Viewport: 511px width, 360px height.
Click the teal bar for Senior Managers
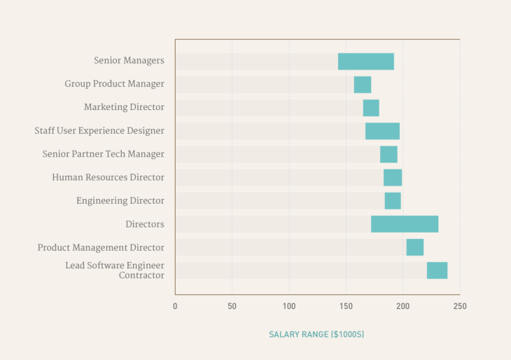click(x=365, y=62)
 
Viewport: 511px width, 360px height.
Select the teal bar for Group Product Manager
click(x=362, y=85)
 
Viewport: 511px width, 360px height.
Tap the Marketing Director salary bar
click(x=370, y=108)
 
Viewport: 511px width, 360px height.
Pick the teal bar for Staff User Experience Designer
click(x=382, y=131)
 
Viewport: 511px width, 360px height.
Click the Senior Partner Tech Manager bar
click(x=388, y=154)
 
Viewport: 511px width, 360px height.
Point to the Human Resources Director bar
click(x=392, y=177)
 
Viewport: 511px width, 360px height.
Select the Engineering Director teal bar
click(x=392, y=201)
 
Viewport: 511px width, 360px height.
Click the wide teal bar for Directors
click(x=405, y=224)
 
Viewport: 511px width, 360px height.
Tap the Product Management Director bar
click(x=414, y=247)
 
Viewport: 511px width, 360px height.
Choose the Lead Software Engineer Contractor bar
click(x=437, y=270)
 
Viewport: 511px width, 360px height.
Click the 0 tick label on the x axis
click(x=175, y=306)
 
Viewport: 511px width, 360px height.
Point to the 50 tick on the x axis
click(x=232, y=306)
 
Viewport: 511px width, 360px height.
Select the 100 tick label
click(x=288, y=306)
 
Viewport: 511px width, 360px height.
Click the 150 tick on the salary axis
click(x=346, y=306)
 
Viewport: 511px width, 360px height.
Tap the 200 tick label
click(x=402, y=306)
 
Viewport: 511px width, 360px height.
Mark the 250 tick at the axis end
click(x=459, y=306)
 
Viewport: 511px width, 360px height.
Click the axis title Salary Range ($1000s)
click(x=316, y=335)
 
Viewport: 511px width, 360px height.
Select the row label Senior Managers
click(x=129, y=61)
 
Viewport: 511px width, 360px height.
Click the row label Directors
click(x=145, y=224)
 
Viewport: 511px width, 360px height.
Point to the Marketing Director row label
click(x=124, y=107)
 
